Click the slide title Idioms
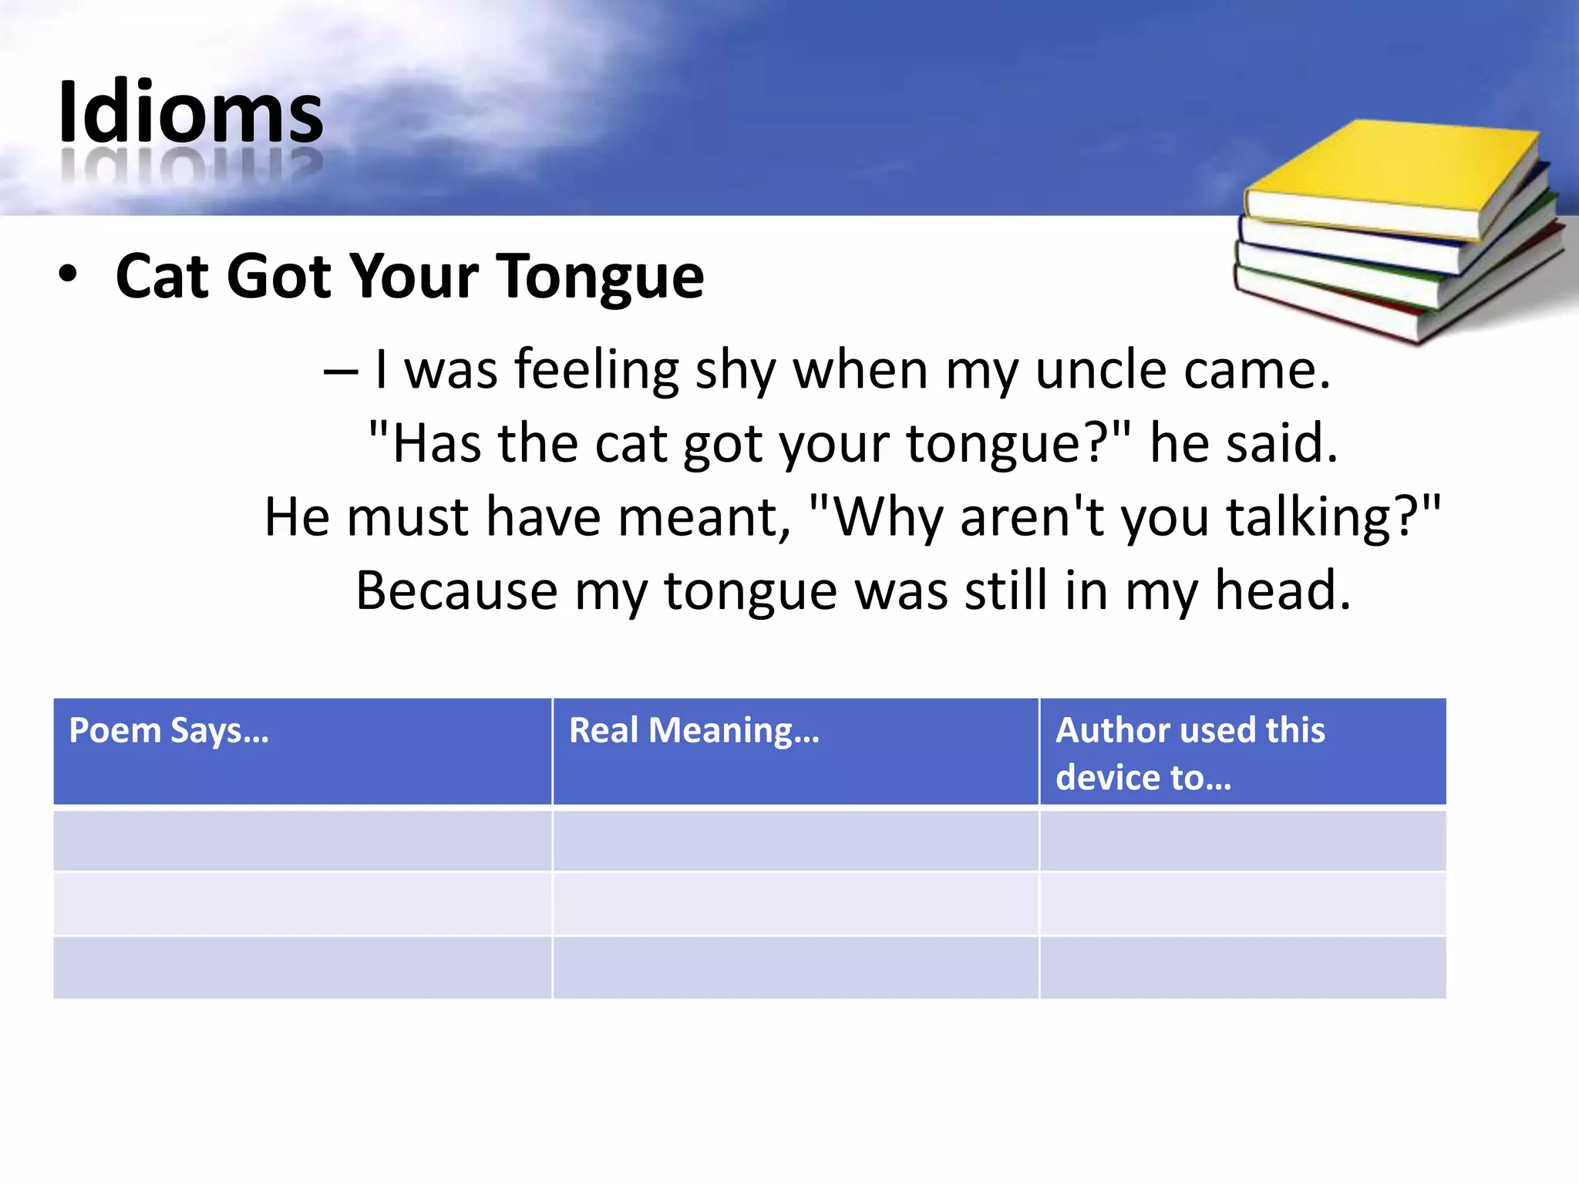pyautogui.click(x=190, y=114)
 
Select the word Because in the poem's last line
pyautogui.click(x=456, y=591)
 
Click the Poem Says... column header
pyautogui.click(x=169, y=730)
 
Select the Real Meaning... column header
pyautogui.click(x=694, y=730)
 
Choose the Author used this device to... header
pyautogui.click(x=1190, y=752)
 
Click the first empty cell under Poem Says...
pyautogui.click(x=302, y=839)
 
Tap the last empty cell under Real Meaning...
pyautogui.click(x=796, y=968)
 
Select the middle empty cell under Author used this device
pyautogui.click(x=1243, y=903)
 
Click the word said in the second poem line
pyautogui.click(x=1281, y=444)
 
